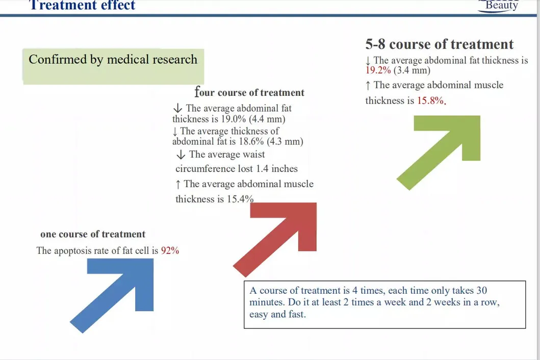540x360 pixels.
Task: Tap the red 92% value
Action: coord(170,251)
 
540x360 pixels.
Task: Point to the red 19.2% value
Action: coord(378,70)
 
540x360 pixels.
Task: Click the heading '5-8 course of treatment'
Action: coord(439,44)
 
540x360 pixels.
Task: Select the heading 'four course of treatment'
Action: coord(249,92)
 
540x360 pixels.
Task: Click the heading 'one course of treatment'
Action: coord(93,235)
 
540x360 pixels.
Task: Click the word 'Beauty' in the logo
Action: coord(501,6)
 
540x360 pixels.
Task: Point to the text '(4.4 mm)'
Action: coord(267,119)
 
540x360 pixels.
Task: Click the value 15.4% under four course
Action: coord(240,199)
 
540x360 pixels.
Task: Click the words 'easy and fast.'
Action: coord(277,314)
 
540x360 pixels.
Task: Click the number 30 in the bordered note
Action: coord(481,291)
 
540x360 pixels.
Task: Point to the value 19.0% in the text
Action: coord(235,119)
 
